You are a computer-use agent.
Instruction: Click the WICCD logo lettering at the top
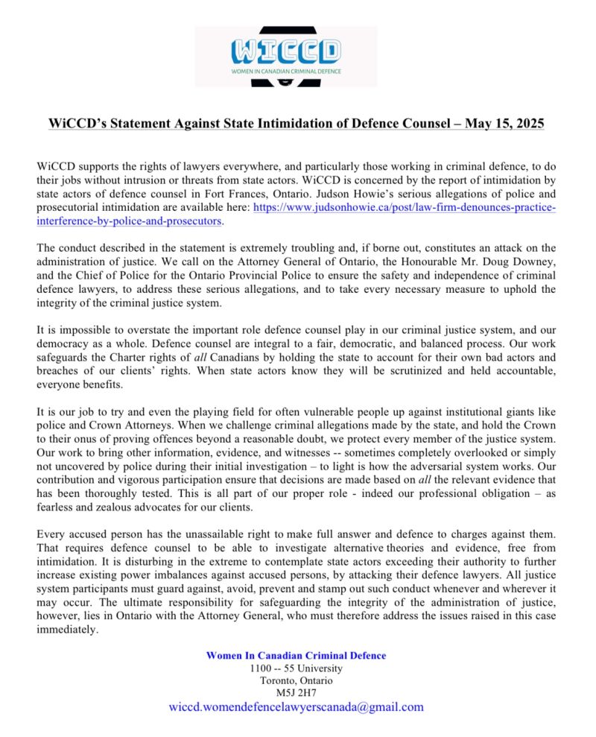[x=286, y=50]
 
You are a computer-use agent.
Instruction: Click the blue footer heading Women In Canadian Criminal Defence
[x=297, y=655]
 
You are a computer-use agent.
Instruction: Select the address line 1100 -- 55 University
[x=297, y=668]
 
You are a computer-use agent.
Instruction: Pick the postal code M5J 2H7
[x=297, y=692]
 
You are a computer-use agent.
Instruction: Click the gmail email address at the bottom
[x=297, y=707]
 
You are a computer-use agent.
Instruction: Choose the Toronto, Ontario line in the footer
[x=297, y=680]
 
